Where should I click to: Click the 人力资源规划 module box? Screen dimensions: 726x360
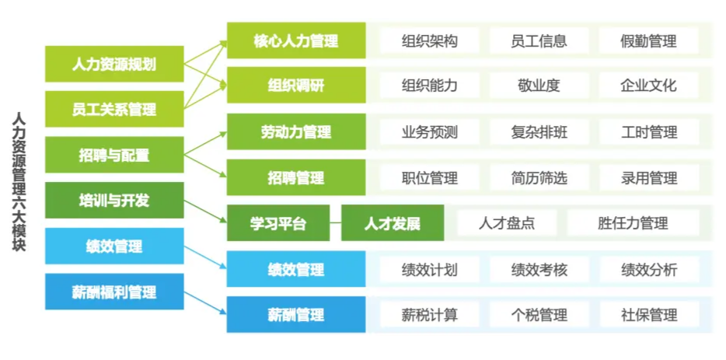[x=114, y=64]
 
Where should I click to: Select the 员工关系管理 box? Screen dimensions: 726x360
[x=114, y=110]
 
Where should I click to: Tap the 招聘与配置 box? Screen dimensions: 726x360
[x=114, y=155]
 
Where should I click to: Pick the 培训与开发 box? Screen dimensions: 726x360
[x=114, y=200]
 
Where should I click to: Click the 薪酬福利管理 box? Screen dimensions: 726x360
[x=114, y=292]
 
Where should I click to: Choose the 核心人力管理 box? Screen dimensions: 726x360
[x=296, y=40]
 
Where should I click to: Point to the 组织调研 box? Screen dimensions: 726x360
[x=296, y=86]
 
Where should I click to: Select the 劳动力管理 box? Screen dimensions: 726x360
[x=296, y=131]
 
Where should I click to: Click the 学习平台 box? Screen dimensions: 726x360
[x=278, y=223]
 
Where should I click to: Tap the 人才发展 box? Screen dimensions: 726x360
[x=393, y=223]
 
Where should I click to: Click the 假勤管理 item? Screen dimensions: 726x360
[x=648, y=40]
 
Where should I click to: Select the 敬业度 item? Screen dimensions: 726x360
[x=539, y=86]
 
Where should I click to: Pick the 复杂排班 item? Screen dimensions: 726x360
[x=539, y=132]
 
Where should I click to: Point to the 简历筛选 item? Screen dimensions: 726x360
[x=539, y=177]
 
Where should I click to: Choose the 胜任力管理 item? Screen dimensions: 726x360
[x=633, y=223]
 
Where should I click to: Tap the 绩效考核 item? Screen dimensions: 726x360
[x=539, y=269]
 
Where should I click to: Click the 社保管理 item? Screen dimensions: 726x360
[x=648, y=315]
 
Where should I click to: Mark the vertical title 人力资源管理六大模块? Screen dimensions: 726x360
[x=19, y=182]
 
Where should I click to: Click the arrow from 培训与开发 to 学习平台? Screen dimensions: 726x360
[x=205, y=211]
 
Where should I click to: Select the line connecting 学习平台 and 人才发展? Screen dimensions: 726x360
[x=336, y=223]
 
